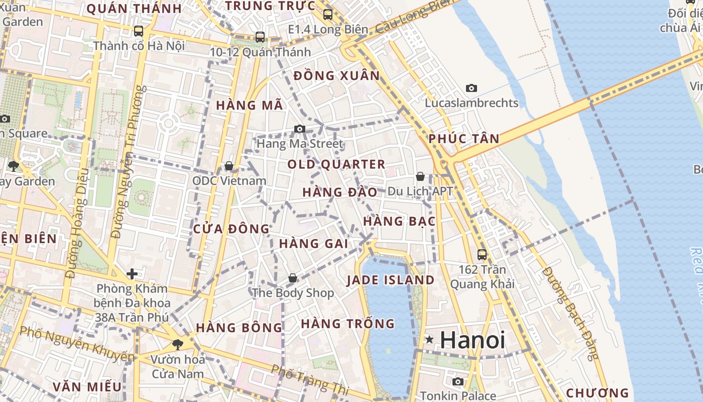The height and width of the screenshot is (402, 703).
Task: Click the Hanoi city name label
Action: pyautogui.click(x=473, y=340)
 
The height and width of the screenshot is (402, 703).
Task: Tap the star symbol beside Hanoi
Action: pyautogui.click(x=429, y=340)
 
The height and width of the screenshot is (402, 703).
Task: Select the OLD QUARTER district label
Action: pyautogui.click(x=336, y=164)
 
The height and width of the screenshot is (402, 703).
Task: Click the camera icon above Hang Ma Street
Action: pyautogui.click(x=300, y=129)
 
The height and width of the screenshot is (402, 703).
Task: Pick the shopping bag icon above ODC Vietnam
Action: pyautogui.click(x=229, y=166)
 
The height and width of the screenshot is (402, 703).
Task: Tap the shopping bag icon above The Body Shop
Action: pyautogui.click(x=293, y=278)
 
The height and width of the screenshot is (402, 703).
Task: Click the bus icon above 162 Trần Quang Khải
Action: pyautogui.click(x=482, y=254)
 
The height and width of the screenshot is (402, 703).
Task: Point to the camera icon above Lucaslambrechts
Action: pyautogui.click(x=472, y=88)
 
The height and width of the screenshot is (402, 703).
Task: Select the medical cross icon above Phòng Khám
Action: pyautogui.click(x=132, y=274)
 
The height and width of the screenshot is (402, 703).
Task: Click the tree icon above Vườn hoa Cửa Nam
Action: pyautogui.click(x=177, y=344)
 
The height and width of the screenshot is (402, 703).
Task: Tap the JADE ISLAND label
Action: pyautogui.click(x=391, y=280)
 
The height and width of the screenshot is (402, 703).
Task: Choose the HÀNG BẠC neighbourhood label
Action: pyautogui.click(x=399, y=221)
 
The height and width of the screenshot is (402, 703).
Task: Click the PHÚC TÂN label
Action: pyautogui.click(x=464, y=139)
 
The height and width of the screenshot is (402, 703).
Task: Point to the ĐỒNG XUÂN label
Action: pyautogui.click(x=336, y=76)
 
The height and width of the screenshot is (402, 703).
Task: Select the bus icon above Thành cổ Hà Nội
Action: pyautogui.click(x=139, y=31)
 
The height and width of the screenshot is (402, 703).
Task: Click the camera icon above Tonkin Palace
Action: pyautogui.click(x=457, y=381)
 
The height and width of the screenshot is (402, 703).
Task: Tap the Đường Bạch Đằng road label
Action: pyautogui.click(x=571, y=313)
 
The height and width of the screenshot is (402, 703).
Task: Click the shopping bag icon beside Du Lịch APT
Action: pyautogui.click(x=420, y=176)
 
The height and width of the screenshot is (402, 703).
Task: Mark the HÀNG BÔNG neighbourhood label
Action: pyautogui.click(x=239, y=328)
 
